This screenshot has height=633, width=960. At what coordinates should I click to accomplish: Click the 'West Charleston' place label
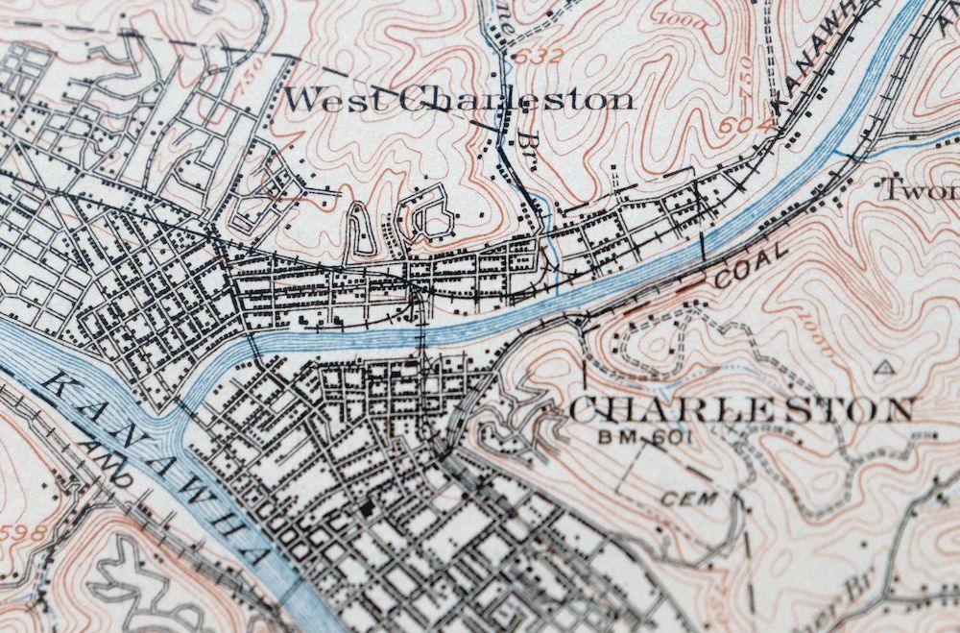pyautogui.click(x=460, y=99)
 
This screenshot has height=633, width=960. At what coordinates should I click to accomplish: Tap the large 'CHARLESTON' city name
pyautogui.click(x=740, y=410)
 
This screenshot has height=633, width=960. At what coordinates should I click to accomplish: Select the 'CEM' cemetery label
pyautogui.click(x=687, y=499)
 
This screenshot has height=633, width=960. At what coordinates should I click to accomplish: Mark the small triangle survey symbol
pyautogui.click(x=884, y=367)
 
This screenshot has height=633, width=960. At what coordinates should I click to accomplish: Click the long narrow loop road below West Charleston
pyautogui.click(x=360, y=231)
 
